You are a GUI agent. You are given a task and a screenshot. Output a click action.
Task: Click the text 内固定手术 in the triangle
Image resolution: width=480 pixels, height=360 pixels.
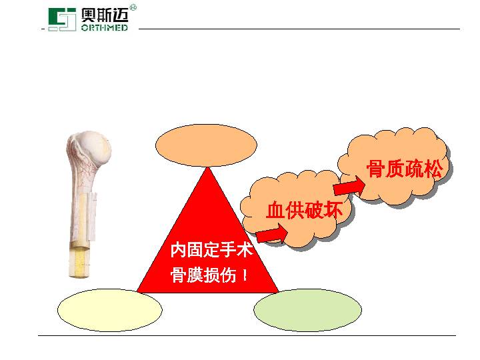[211, 251]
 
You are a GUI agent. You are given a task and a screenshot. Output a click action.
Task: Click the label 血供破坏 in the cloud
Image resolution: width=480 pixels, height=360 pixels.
[304, 211]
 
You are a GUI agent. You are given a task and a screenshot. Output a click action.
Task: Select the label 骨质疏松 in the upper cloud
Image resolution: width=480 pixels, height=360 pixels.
[405, 169]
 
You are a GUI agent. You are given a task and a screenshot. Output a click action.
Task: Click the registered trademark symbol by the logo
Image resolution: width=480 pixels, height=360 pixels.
[133, 7]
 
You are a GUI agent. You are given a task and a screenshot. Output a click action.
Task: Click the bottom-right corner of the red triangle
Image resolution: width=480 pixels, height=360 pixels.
[277, 291]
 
